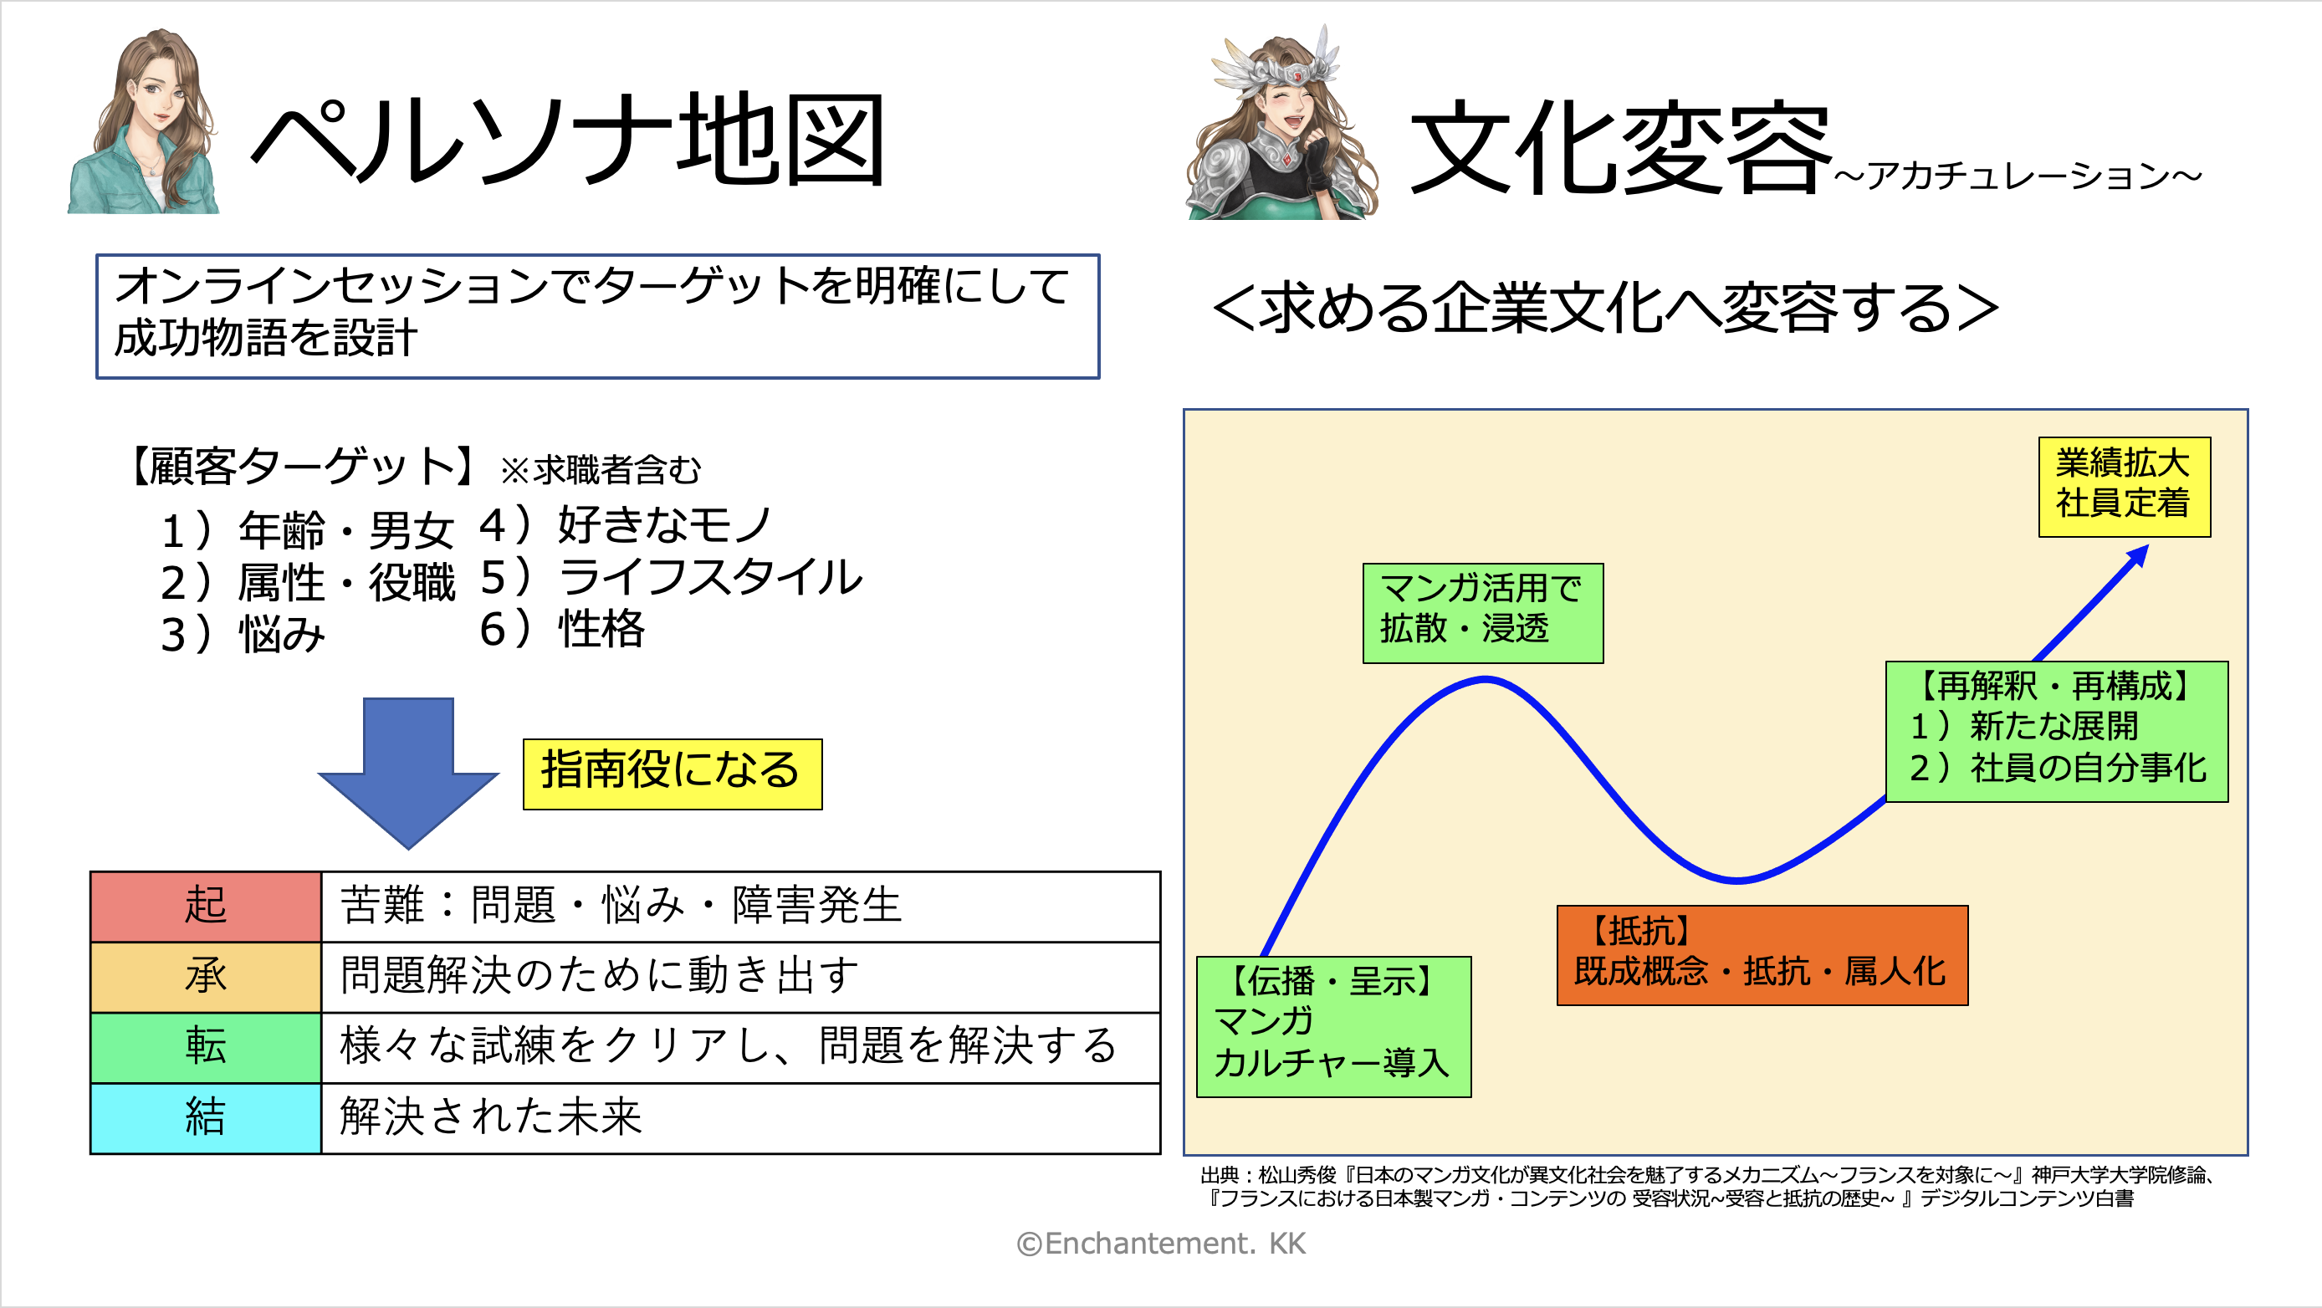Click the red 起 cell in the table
pyautogui.click(x=206, y=907)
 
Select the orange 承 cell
pyautogui.click(x=206, y=977)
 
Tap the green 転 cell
pyautogui.click(x=206, y=1047)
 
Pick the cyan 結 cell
pyautogui.click(x=206, y=1118)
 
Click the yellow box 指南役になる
pyautogui.click(x=673, y=774)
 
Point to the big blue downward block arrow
pyautogui.click(x=408, y=772)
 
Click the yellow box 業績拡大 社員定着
pyautogui.click(x=2125, y=487)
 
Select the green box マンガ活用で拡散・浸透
pyautogui.click(x=1483, y=613)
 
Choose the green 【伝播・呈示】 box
pyautogui.click(x=1334, y=1027)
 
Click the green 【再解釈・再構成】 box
pyautogui.click(x=2057, y=731)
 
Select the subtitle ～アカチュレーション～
pyautogui.click(x=2018, y=175)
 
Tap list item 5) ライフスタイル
pyautogui.click(x=671, y=577)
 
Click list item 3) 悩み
pyautogui.click(x=243, y=634)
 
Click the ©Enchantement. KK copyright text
pyautogui.click(x=1161, y=1244)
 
